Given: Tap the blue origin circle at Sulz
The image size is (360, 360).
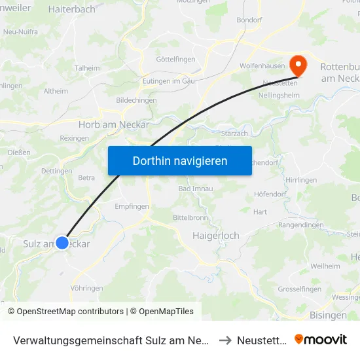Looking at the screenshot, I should tap(62, 243).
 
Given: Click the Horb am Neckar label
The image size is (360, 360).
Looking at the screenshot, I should tap(114, 124).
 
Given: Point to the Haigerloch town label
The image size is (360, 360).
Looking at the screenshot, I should tap(216, 236).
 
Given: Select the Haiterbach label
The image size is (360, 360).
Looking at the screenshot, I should tap(72, 9).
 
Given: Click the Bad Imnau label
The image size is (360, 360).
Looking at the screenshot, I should tap(194, 189).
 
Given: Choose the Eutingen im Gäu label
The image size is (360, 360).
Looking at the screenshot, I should tap(170, 81).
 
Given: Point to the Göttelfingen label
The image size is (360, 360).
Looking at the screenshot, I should tap(175, 60).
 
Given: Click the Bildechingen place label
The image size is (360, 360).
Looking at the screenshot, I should tap(136, 100).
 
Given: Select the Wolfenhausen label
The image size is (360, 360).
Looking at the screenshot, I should tap(262, 66).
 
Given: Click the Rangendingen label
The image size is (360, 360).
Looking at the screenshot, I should tap(301, 225).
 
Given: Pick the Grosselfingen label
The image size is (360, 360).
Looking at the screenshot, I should tap(299, 289).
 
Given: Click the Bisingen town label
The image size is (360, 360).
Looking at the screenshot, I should tap(328, 315).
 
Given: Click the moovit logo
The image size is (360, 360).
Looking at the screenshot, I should tap(321, 339).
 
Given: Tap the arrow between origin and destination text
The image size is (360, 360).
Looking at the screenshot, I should tap(225, 339).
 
